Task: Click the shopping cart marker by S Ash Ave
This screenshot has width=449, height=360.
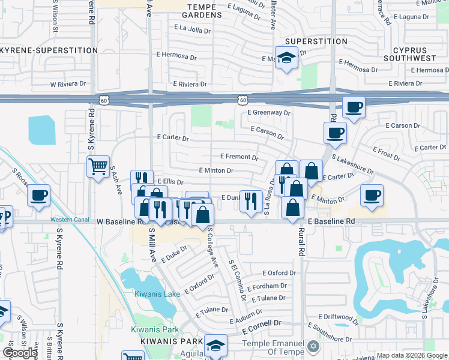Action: tap(98, 166)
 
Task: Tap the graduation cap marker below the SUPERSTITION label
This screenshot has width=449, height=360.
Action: tap(286, 58)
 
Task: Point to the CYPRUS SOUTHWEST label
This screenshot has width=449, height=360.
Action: tap(414, 53)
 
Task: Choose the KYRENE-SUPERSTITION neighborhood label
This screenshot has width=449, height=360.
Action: tap(48, 50)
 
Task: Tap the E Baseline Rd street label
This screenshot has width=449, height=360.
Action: tap(331, 221)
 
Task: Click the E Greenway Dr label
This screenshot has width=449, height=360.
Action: tap(268, 112)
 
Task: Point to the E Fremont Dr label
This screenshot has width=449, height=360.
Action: tap(239, 157)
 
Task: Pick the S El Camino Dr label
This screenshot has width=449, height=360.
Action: tap(237, 280)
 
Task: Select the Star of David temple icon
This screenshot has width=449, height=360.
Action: tap(313, 346)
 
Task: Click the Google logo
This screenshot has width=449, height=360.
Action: tap(20, 353)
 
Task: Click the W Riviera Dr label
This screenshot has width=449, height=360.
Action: tap(70, 85)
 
